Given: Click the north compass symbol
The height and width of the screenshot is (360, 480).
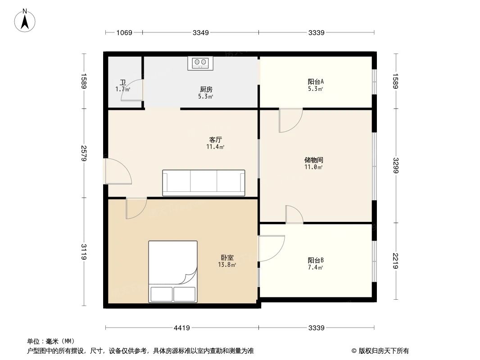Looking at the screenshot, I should point(26,20).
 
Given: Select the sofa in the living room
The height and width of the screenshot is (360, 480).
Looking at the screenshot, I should point(204,183).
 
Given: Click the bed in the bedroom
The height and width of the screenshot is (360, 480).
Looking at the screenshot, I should point(173,271).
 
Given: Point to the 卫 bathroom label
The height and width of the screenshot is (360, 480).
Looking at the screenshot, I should point(122,82).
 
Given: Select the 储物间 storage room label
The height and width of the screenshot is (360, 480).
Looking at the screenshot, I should point(313,160).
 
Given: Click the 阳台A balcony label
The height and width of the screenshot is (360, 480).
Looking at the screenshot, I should point(316,81).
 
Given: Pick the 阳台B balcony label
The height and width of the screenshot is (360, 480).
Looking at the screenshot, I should point(316,260).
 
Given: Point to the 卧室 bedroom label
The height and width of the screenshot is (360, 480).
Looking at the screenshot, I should point(227,258).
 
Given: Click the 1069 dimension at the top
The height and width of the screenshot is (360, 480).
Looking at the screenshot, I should point(124,32).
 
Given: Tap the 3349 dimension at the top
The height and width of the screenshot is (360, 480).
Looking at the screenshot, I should point(200,32).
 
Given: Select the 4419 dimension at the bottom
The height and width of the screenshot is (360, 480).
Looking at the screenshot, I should point(181,328).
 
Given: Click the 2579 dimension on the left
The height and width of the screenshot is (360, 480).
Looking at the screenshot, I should point(84,153).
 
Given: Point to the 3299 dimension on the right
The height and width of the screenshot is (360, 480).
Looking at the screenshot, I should point(395,165).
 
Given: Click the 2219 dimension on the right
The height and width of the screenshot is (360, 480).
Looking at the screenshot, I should point(395,261).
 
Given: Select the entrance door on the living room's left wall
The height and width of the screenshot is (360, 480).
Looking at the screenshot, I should point(118,171).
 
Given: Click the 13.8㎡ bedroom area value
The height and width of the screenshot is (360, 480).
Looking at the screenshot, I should point(227,265).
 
